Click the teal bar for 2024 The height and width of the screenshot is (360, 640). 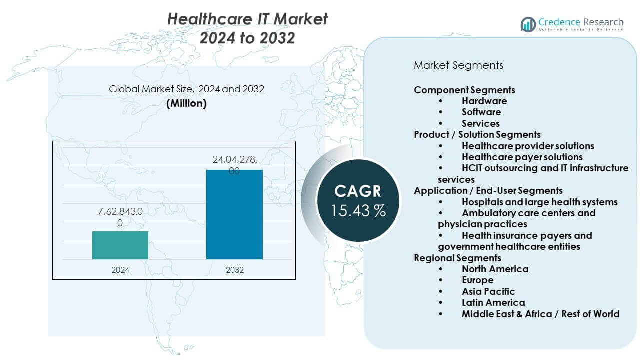(x=120, y=245)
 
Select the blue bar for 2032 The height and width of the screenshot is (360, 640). (x=234, y=214)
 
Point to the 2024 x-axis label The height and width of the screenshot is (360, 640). (x=120, y=270)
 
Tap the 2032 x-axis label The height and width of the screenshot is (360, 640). (x=234, y=270)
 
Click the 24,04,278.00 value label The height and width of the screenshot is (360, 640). (x=234, y=165)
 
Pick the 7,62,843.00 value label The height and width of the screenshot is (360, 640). (x=120, y=217)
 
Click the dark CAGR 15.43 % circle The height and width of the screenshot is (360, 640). (x=358, y=200)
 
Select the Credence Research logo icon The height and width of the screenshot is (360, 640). (x=528, y=24)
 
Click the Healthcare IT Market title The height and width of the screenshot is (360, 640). (x=247, y=19)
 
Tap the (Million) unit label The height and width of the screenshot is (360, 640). (x=186, y=103)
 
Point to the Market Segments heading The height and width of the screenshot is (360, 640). (x=458, y=65)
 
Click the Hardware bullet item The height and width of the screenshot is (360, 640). (x=484, y=101)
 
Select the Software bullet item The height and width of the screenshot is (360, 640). (x=481, y=112)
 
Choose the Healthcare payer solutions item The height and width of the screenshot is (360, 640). (x=522, y=157)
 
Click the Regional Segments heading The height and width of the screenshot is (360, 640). (x=457, y=258)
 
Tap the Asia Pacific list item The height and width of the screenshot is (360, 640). (x=488, y=291)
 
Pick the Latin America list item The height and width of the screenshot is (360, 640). (x=493, y=302)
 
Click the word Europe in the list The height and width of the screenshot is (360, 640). (x=478, y=280)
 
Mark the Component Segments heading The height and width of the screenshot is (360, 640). (x=464, y=90)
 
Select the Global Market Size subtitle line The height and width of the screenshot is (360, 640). (x=186, y=89)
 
